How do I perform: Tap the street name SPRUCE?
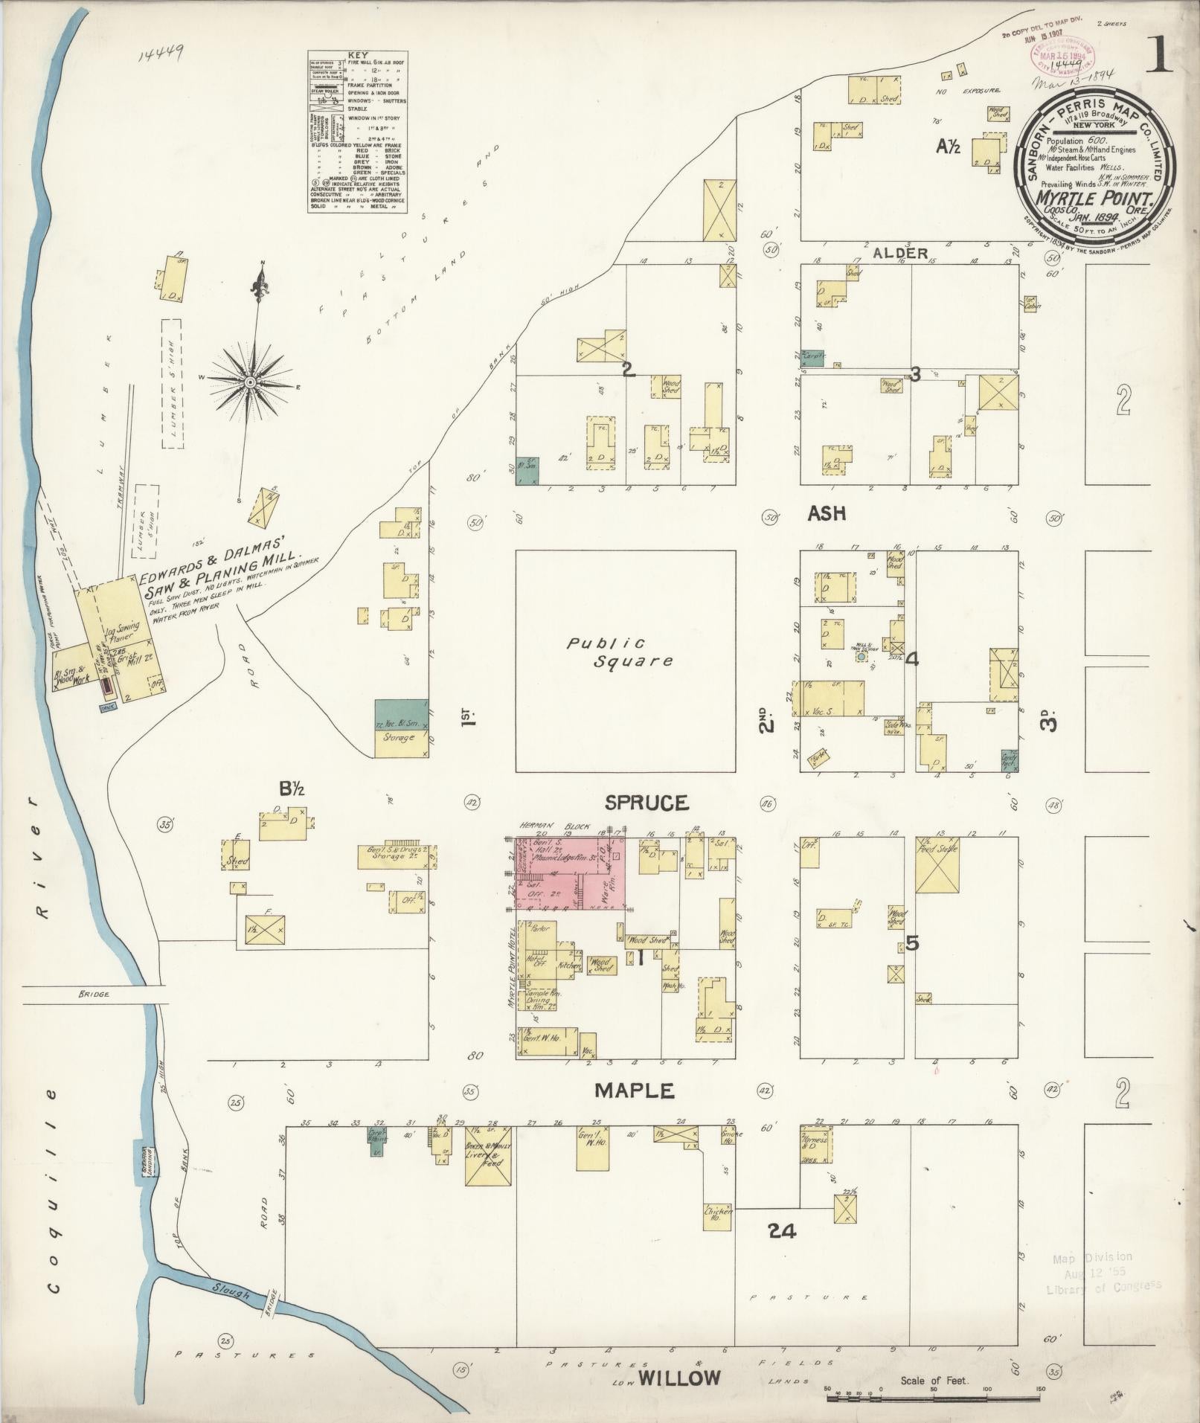[646, 803]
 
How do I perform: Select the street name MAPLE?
[634, 1090]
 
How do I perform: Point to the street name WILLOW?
[679, 1378]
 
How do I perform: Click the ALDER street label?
[900, 253]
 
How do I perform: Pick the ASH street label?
[827, 513]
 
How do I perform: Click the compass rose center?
[251, 382]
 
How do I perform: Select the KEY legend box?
[359, 132]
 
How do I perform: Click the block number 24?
[783, 1231]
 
